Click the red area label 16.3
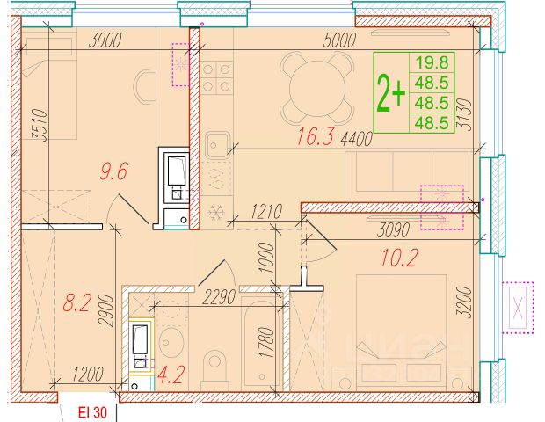316,136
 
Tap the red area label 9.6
114,171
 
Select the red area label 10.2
399,258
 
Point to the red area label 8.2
76,302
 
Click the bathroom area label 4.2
170,375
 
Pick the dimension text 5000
339,40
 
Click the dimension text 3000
105,40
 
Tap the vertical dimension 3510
39,125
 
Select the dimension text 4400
357,140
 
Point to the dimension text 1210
266,212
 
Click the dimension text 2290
219,297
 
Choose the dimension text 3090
393,230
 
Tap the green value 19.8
432,62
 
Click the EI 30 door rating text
93,413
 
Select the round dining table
317,88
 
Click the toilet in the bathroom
214,370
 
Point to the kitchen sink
218,144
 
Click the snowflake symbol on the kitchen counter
216,212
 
